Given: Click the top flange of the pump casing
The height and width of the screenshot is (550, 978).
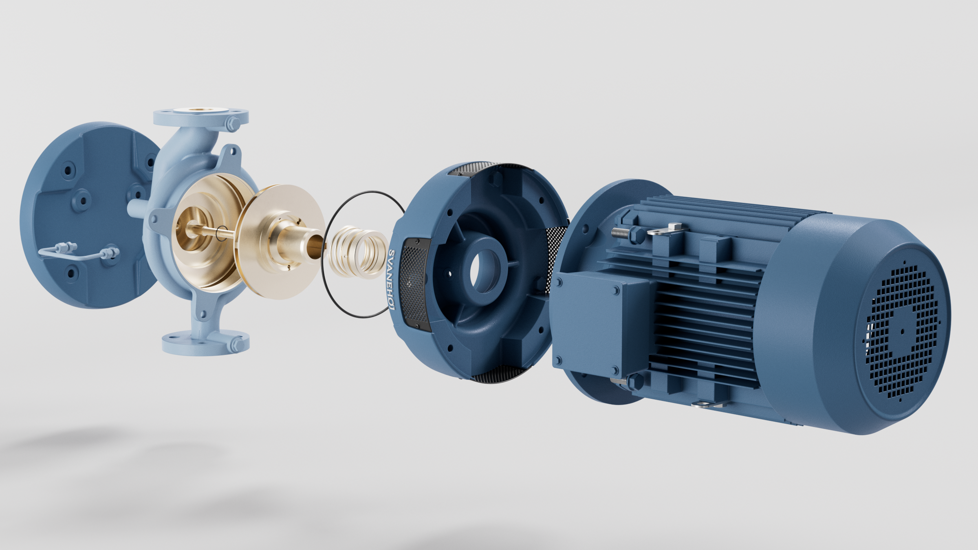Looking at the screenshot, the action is pyautogui.click(x=201, y=117).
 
